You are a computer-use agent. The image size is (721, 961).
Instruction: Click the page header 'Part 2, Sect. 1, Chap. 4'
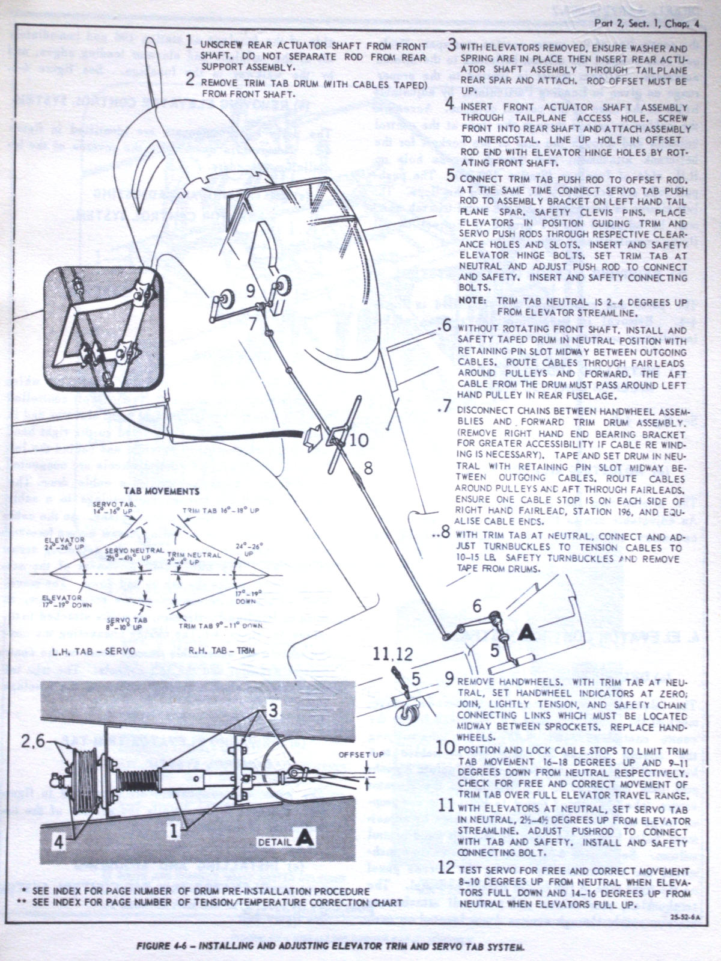(646, 23)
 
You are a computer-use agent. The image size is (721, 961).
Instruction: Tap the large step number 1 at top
(189, 43)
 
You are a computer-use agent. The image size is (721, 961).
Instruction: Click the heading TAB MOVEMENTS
(162, 491)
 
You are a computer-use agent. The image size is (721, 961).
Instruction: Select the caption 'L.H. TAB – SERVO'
(94, 651)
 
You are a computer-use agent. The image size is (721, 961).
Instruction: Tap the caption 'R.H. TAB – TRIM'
(221, 651)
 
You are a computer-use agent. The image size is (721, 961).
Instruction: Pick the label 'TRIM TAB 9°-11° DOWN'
(221, 626)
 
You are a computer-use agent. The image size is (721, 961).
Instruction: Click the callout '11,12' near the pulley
(393, 654)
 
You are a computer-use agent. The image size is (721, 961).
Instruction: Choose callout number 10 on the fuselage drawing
(359, 440)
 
